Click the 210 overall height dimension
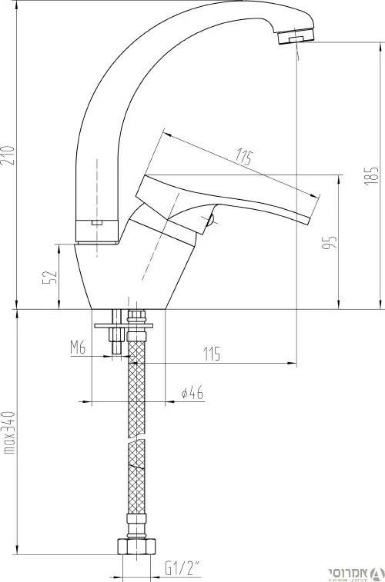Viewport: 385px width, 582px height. point(8,155)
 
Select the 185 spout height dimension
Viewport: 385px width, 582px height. point(371,176)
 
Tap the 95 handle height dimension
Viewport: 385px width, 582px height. point(330,242)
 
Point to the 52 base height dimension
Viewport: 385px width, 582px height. point(50,277)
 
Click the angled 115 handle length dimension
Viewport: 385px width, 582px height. point(244,158)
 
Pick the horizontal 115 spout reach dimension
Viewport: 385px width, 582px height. point(212,354)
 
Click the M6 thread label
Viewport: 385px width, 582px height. point(78,348)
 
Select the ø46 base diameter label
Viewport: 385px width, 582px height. point(192,393)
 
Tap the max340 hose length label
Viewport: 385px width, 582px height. point(9,432)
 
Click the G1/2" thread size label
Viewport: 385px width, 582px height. point(182,567)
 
